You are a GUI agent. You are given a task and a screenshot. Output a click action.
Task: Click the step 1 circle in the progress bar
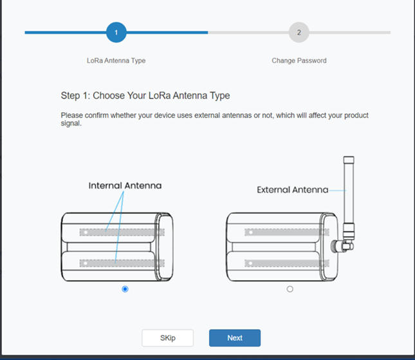116,32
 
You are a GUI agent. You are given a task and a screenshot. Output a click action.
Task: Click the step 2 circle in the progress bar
299,32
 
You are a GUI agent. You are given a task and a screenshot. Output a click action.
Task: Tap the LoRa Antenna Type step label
116,61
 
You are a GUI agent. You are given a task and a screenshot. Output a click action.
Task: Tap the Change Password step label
299,61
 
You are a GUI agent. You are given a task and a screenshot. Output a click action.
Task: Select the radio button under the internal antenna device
125,289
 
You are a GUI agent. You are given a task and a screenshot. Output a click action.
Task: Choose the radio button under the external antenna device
290,289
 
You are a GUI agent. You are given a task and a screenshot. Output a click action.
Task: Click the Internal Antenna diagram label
125,185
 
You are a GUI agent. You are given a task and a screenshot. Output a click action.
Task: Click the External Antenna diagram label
293,190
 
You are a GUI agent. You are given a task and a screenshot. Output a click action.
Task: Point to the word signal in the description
71,124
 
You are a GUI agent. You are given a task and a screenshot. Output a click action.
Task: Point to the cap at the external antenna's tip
349,160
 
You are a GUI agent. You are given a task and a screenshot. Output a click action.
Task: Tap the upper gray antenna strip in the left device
122,232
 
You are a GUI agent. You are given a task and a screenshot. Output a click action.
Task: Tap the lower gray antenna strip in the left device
122,263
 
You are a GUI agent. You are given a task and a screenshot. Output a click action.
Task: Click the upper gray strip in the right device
287,232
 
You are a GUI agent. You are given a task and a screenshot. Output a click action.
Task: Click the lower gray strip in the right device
287,263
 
